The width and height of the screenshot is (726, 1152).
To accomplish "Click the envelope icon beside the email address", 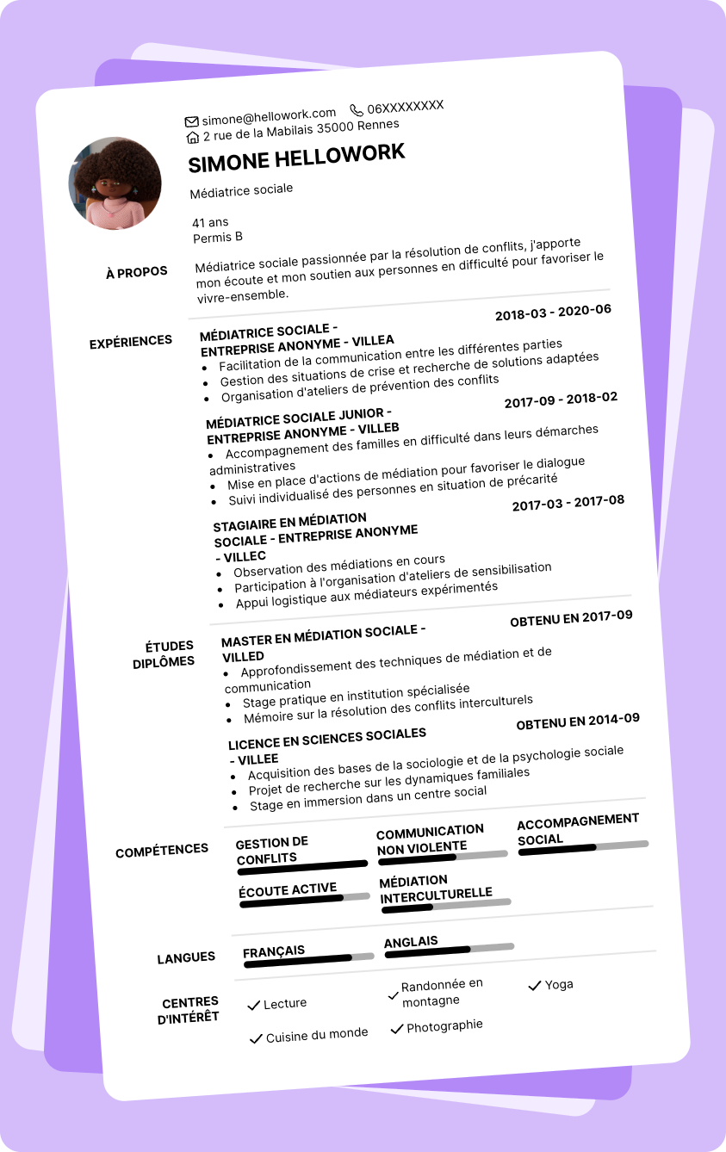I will pos(192,121).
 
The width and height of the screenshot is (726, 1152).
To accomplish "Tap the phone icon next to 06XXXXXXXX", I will pos(357,110).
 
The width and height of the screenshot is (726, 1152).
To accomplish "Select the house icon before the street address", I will pos(193,137).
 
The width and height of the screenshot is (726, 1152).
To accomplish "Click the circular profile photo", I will pos(115,183).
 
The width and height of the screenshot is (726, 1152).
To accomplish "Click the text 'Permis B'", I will pos(218,237).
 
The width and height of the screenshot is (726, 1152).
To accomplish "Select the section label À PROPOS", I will pos(137,273).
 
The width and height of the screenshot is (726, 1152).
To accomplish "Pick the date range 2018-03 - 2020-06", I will pos(553,313).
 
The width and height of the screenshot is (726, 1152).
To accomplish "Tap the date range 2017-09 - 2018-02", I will pos(561,400).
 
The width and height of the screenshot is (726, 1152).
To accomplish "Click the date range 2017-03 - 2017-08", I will pos(568,503).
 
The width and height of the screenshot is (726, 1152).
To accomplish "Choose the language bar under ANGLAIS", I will pos(450,949).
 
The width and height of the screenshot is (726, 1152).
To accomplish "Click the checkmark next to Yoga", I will pos(534,985).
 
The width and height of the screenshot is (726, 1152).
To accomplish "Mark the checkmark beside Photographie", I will pos(397,1028).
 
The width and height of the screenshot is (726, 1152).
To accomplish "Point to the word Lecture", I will pos(285,1003).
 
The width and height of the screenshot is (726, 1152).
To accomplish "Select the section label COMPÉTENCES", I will pos(162,851).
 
